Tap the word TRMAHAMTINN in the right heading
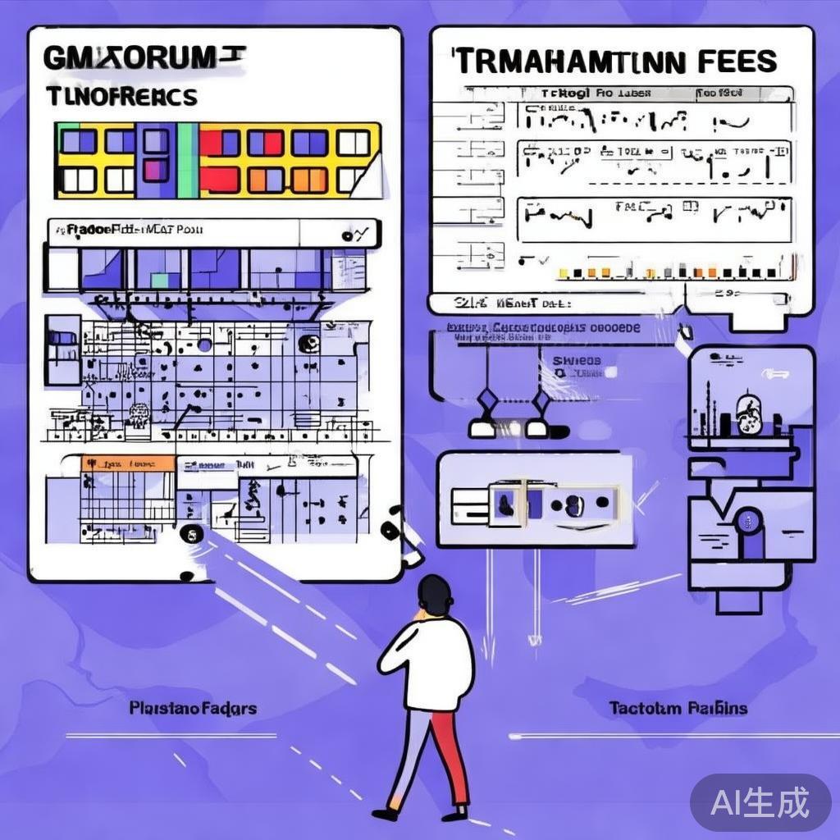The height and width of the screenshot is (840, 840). tap(567, 62)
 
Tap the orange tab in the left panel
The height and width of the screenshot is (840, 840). tap(127, 464)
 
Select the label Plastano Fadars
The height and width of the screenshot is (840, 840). tap(193, 707)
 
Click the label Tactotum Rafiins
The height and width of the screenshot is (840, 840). tap(678, 707)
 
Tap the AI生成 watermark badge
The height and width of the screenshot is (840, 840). tap(760, 801)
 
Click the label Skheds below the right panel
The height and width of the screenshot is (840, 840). tap(576, 361)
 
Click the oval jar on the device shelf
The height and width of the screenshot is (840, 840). tap(746, 413)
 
